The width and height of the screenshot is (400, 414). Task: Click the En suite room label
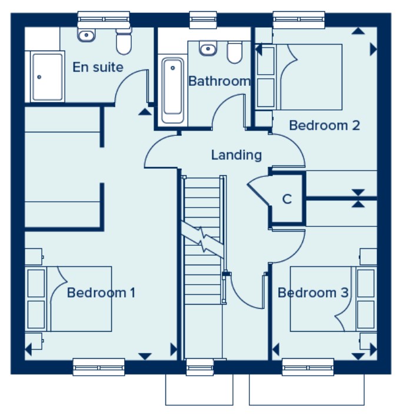pyautogui.click(x=98, y=67)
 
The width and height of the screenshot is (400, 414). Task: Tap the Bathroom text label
pyautogui.click(x=219, y=81)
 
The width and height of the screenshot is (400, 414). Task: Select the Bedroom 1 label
pyautogui.click(x=101, y=292)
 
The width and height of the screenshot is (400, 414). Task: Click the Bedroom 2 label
pyautogui.click(x=324, y=125)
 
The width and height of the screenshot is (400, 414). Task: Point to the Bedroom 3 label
pyautogui.click(x=313, y=292)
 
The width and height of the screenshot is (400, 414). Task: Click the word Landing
pyautogui.click(x=236, y=155)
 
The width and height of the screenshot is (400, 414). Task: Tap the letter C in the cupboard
pyautogui.click(x=287, y=199)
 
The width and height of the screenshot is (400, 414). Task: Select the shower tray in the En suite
pyautogui.click(x=48, y=76)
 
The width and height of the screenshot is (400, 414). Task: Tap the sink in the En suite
pyautogui.click(x=87, y=35)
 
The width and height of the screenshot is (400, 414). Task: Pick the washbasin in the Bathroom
pyautogui.click(x=208, y=48)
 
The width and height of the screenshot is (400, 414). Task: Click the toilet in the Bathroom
pyautogui.click(x=234, y=52)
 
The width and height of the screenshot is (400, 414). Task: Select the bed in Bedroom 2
pyautogui.click(x=300, y=76)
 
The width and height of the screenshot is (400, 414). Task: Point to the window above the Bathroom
pyautogui.click(x=202, y=19)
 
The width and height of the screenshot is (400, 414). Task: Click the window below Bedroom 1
pyautogui.click(x=99, y=367)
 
